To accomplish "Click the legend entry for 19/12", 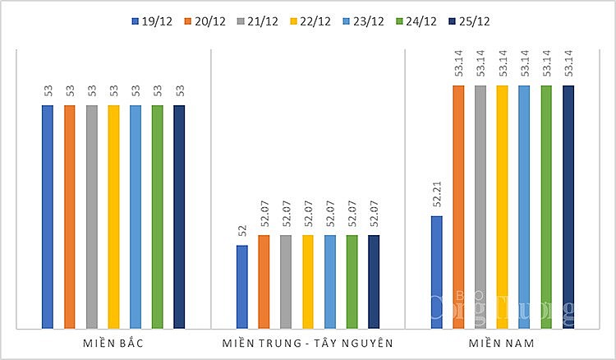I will (149, 21).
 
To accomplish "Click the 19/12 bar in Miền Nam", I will (436, 272).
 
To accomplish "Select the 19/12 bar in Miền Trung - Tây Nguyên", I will (241, 287).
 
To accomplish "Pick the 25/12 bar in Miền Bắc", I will (179, 217).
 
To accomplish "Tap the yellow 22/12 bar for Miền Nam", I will (503, 206).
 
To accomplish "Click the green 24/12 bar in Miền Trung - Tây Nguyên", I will (352, 282).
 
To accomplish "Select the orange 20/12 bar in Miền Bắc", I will (69, 217).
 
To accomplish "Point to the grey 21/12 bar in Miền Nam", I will (480, 206).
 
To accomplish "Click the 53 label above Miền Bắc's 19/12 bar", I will (47, 90).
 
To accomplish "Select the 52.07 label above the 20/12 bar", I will (264, 214).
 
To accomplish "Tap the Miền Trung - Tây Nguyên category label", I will (307, 343).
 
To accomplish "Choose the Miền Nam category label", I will (502, 343).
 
